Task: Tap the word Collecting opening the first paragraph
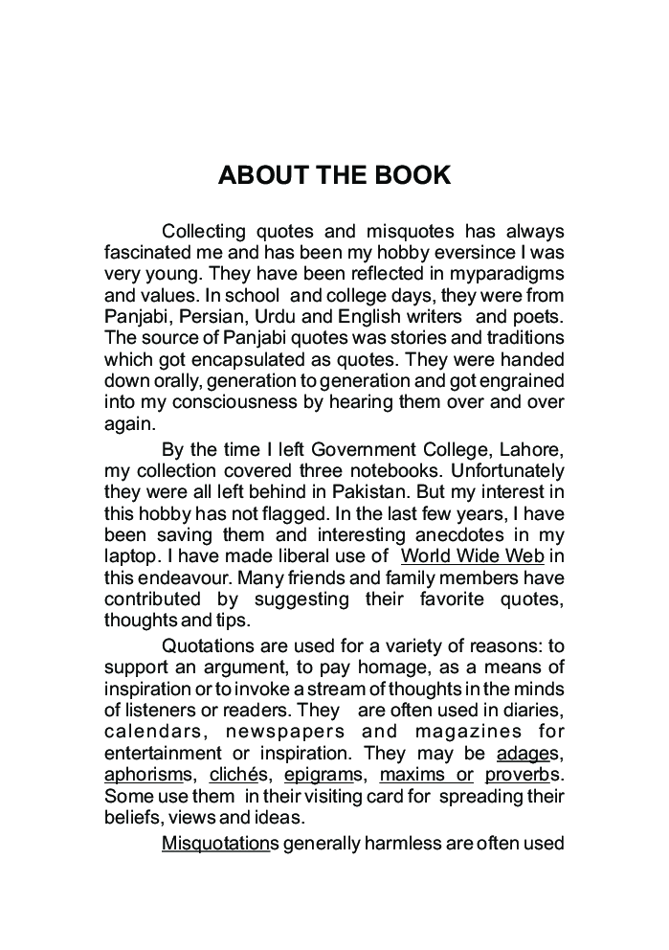[x=205, y=232]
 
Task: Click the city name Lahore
[x=529, y=450]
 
